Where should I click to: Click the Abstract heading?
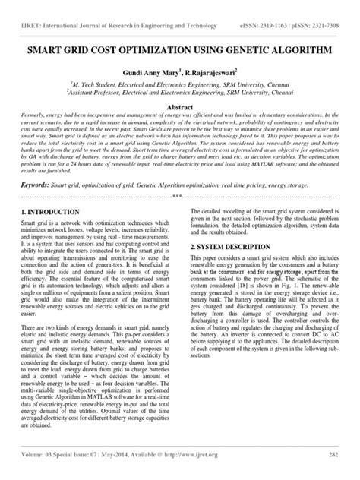pos(179,109)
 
